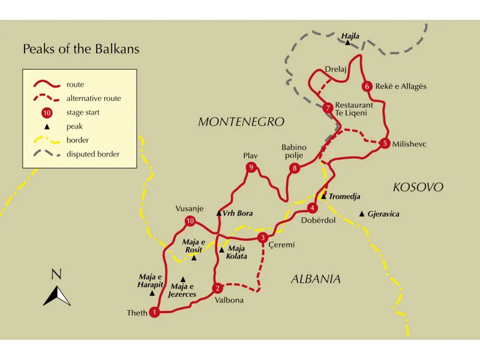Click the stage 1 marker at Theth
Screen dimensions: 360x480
tap(155, 312)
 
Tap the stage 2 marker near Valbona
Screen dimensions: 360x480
tap(218, 287)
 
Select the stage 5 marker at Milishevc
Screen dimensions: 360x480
tap(385, 143)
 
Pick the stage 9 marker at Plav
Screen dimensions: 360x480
tap(251, 167)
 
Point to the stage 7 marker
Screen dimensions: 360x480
tap(327, 108)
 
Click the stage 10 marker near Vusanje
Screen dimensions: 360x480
tap(190, 221)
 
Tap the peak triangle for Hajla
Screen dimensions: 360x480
tap(347, 43)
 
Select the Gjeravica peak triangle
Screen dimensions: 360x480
tap(361, 214)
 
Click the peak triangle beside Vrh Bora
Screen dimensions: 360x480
tap(219, 213)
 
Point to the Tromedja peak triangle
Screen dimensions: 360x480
tap(323, 196)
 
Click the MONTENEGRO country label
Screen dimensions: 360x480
tap(241, 122)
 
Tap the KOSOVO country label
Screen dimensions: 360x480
tap(418, 187)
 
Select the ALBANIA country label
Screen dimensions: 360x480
tap(316, 279)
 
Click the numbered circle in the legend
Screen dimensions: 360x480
tap(47, 113)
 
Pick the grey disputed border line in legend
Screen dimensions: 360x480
tap(47, 154)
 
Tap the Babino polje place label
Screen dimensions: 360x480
tap(294, 151)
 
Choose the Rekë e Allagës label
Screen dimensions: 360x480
tap(400, 86)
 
